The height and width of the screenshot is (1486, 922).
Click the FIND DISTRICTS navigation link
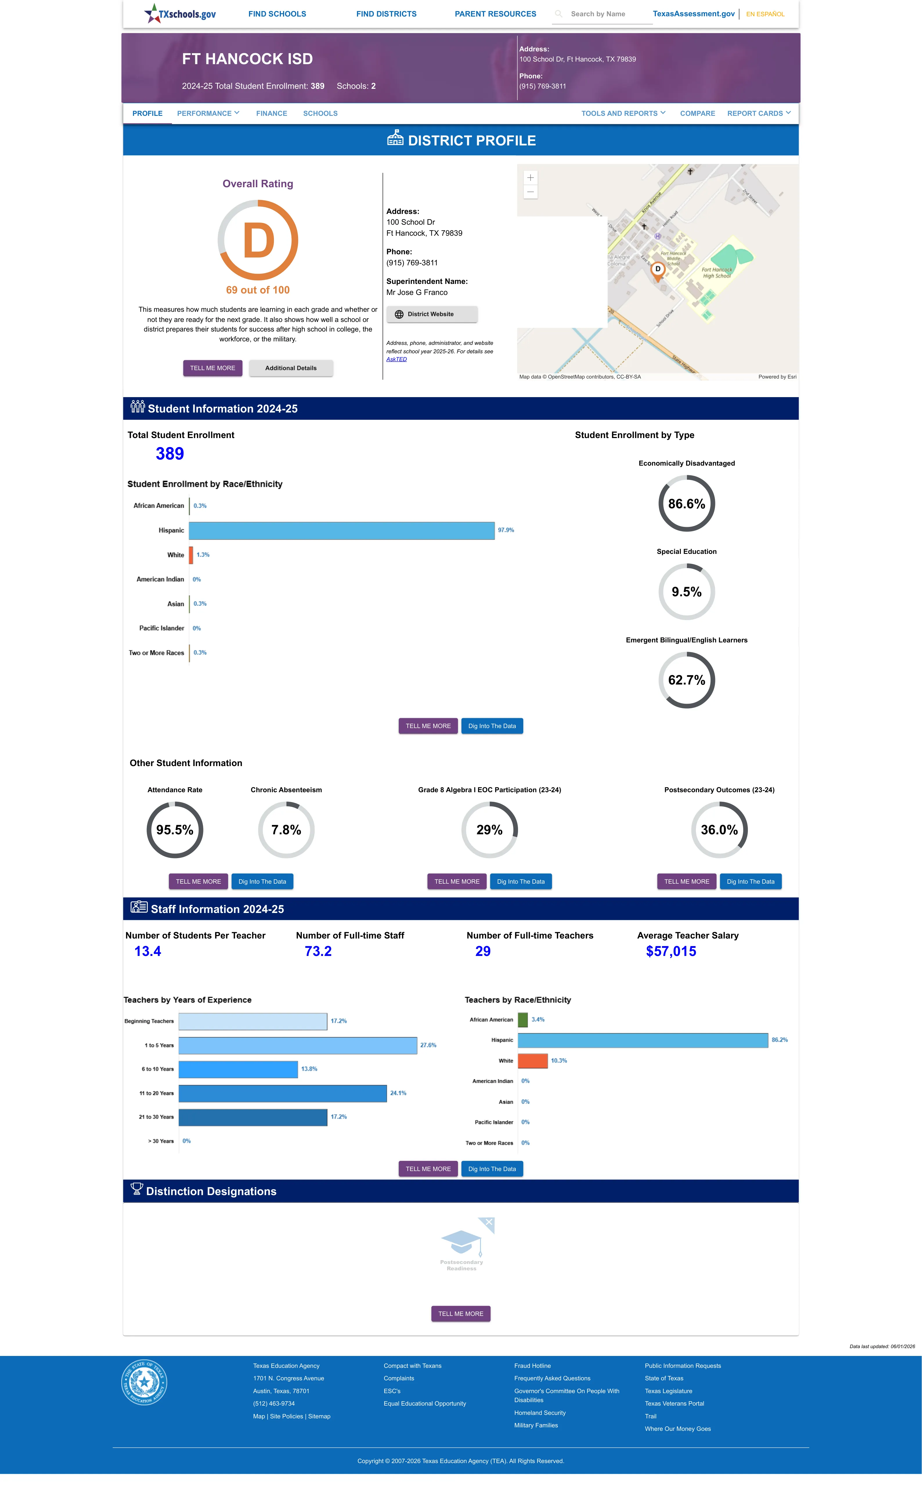coord(386,14)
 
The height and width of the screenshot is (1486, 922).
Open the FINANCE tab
coord(271,114)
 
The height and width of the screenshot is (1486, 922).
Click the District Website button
coord(432,314)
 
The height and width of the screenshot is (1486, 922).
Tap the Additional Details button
coord(291,368)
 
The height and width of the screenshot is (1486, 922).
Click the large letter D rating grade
coord(259,241)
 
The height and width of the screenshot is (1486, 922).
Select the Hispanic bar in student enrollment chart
coord(342,530)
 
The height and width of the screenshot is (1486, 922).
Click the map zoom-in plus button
coord(531,177)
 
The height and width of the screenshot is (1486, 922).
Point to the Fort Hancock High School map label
coord(717,273)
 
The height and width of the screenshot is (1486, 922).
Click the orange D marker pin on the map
coord(657,270)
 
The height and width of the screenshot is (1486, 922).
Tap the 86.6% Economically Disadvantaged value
coord(687,504)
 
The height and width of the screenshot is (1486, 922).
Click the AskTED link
coord(396,359)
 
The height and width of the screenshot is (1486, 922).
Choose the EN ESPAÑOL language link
coord(765,14)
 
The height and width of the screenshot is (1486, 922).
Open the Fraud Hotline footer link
coord(532,1366)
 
